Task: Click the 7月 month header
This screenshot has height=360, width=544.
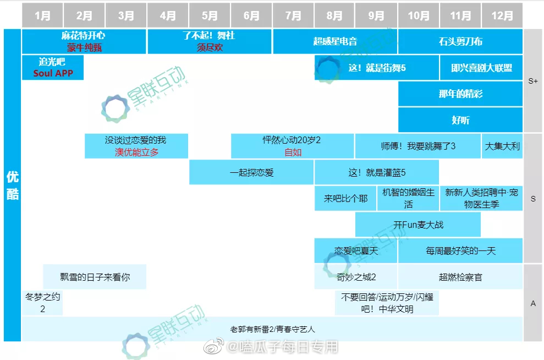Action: pos(293,15)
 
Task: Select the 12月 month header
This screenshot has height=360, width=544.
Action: pos(502,15)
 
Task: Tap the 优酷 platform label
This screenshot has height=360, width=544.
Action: pos(12,185)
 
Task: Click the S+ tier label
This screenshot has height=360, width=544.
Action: pos(532,81)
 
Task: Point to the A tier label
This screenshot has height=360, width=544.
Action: pos(532,303)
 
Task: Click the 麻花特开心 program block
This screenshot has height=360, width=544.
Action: pos(84,41)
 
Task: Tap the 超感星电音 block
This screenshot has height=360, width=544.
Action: pos(335,41)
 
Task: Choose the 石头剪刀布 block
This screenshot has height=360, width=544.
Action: pos(460,41)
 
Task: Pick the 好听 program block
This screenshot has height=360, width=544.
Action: pos(460,120)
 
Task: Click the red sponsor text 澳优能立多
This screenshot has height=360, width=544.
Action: pos(136,152)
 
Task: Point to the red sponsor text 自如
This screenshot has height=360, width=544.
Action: pos(293,152)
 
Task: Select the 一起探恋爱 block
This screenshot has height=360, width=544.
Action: pos(251,172)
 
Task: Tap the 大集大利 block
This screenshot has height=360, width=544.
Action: pos(502,146)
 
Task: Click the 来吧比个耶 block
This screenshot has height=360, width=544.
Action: pos(345,198)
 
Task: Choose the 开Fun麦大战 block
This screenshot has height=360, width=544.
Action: pos(418,225)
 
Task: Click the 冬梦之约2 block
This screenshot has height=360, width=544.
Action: pos(42,303)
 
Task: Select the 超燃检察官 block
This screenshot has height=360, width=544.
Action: pos(460,277)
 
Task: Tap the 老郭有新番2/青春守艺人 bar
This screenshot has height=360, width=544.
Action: pos(272,329)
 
